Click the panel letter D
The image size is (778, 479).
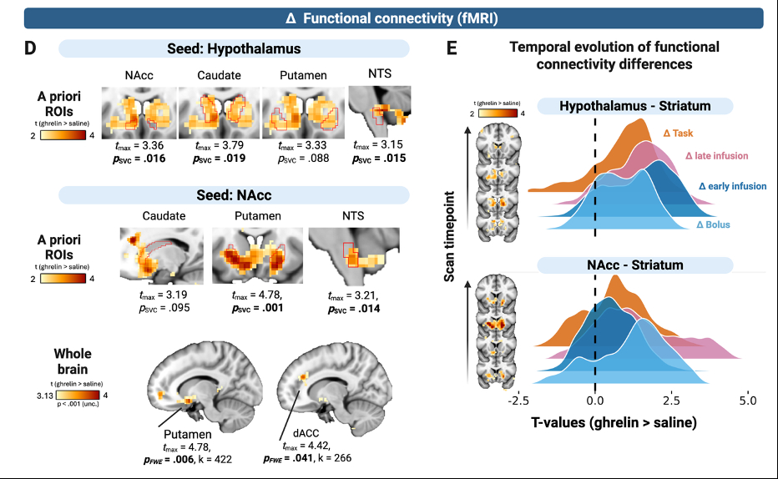point(31,48)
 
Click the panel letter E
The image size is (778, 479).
point(452,48)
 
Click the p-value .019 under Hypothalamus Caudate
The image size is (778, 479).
point(219,157)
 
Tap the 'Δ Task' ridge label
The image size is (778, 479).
point(677,133)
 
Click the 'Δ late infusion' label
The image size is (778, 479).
point(716,155)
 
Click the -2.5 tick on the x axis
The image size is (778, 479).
point(515,401)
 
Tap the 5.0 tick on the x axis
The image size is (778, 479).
point(747,401)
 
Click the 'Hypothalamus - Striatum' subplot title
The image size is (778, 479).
point(634,106)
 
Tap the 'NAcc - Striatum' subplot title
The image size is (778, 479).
point(635,265)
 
